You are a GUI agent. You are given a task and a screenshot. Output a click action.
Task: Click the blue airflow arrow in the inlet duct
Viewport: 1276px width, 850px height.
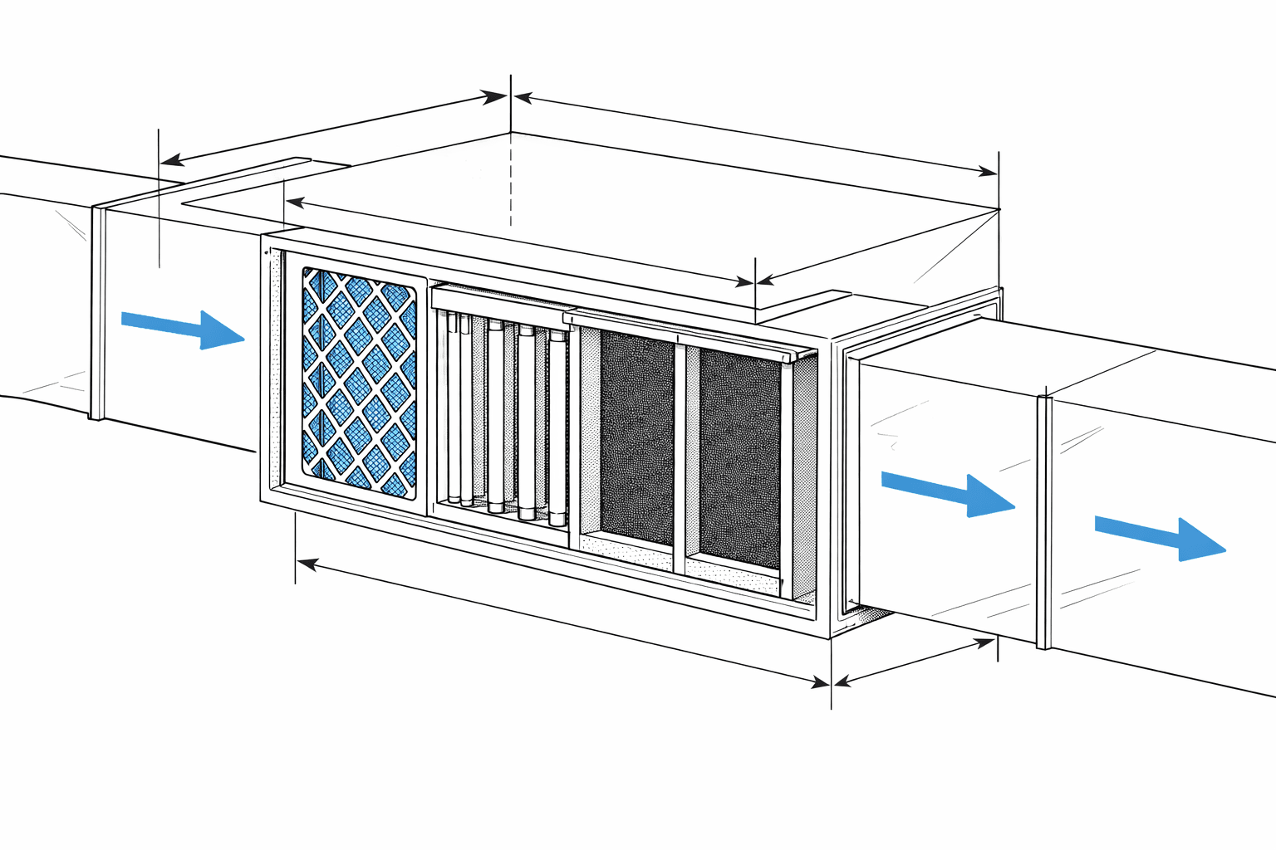pos(183,328)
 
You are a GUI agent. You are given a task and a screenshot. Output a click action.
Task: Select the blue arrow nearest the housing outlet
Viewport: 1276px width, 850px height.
pos(947,491)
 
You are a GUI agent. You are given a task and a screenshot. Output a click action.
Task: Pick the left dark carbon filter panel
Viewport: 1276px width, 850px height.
pos(636,436)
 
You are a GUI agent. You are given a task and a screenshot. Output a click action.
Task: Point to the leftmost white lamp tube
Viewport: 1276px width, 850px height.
pos(454,407)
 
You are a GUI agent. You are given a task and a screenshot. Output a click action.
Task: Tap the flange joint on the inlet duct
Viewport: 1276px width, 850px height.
pos(98,311)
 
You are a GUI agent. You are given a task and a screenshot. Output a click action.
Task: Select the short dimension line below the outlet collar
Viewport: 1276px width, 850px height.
pos(914,661)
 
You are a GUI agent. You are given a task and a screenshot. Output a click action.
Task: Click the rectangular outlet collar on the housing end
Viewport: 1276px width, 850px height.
pos(847,481)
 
